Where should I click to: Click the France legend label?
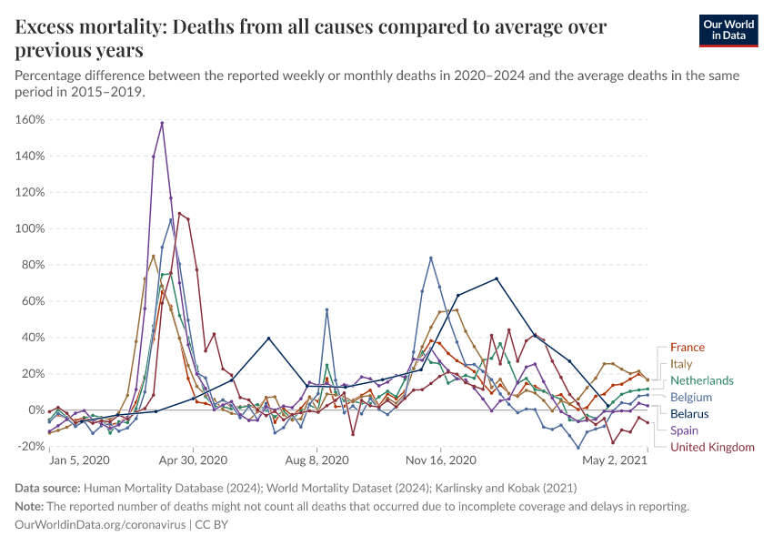click(x=687, y=347)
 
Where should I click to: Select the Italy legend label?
click(x=680, y=364)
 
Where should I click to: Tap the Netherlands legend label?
click(x=701, y=380)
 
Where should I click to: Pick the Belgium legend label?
click(x=691, y=397)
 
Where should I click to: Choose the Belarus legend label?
click(x=690, y=413)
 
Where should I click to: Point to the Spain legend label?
click(x=685, y=430)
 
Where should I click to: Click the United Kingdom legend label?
click(x=712, y=447)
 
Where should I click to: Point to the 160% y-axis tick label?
click(x=30, y=119)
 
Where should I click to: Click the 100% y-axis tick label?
click(x=30, y=228)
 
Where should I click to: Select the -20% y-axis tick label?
click(x=30, y=446)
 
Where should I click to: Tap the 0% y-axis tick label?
click(x=35, y=409)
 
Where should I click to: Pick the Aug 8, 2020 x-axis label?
click(x=316, y=460)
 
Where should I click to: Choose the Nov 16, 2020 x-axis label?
click(x=440, y=460)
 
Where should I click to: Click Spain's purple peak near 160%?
click(x=162, y=123)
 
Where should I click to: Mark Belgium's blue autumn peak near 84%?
click(x=430, y=258)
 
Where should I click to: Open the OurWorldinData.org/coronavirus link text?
click(x=100, y=524)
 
